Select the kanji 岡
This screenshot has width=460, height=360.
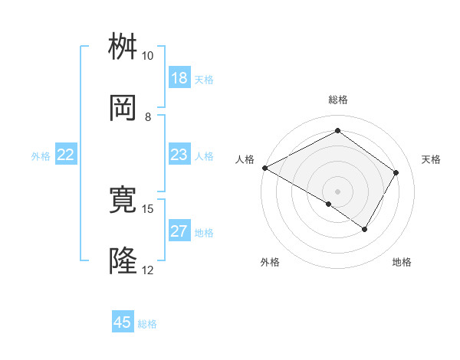coord(123,109)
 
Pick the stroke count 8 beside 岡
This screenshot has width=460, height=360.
coord(147,116)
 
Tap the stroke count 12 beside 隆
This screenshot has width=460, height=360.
coord(147,270)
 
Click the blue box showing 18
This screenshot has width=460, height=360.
coord(179,78)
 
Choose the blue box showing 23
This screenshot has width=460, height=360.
coord(179,155)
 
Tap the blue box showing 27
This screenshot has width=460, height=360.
coord(179,231)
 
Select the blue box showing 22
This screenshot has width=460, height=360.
coord(66,155)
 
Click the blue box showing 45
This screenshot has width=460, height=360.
coord(123,322)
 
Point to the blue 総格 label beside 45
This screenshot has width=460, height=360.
coord(147,324)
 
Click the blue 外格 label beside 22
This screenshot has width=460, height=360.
coord(41,156)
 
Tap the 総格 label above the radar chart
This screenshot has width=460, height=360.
coord(338,100)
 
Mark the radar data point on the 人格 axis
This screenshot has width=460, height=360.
coord(264,168)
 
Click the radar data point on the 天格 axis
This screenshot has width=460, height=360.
coord(396,173)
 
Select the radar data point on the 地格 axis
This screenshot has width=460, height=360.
coord(365,229)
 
